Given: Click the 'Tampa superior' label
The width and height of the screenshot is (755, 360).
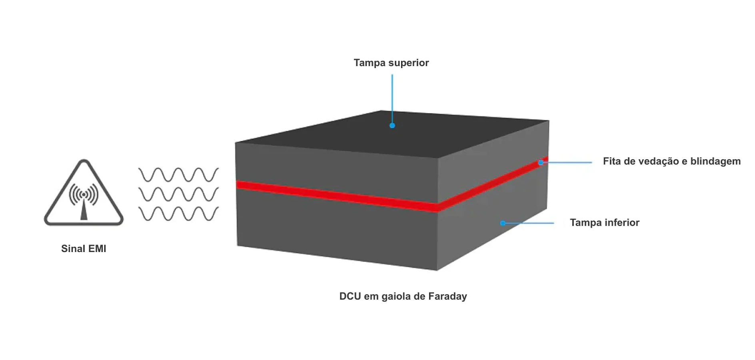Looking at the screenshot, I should click(x=391, y=63).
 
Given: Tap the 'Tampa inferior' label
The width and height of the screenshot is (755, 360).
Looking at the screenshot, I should click(x=604, y=222).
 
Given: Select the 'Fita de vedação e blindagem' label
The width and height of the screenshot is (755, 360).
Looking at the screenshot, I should click(x=671, y=161).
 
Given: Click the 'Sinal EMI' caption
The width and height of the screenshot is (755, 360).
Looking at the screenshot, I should click(x=84, y=248).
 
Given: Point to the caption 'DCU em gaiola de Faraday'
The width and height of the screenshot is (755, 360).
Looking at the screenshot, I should click(x=403, y=296).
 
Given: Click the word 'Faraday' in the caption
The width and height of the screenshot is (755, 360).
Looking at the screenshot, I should click(x=447, y=296).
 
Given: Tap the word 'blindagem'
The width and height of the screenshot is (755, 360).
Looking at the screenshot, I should click(x=715, y=161).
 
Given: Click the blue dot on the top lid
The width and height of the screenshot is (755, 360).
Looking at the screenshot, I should click(x=392, y=126).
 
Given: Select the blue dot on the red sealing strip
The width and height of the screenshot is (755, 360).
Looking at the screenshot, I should click(x=541, y=162).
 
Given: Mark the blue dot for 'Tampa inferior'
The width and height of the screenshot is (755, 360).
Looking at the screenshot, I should click(x=503, y=223).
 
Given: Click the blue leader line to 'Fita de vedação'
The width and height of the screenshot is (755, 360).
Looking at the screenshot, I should click(x=568, y=162).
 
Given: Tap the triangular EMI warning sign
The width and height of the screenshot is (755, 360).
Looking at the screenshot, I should click(x=84, y=194).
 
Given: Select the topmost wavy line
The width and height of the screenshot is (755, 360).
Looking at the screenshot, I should click(x=178, y=175).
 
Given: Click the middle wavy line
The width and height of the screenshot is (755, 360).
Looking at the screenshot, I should click(x=178, y=194).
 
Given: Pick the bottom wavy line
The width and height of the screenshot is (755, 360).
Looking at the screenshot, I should click(x=178, y=214).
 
